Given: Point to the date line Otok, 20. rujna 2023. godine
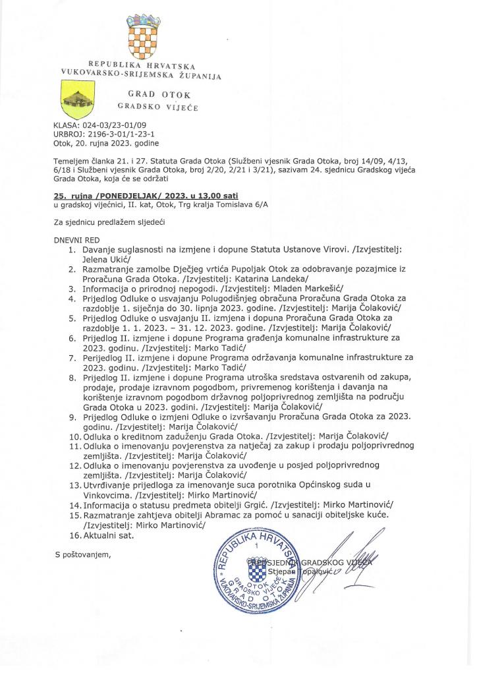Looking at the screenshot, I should tap(105, 142).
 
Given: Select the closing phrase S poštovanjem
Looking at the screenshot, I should tap(82, 553).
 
